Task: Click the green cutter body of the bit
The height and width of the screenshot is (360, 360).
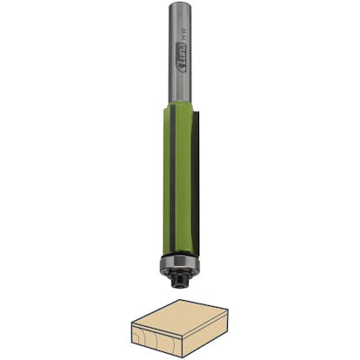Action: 185,174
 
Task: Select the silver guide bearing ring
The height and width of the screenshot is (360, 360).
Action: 180,263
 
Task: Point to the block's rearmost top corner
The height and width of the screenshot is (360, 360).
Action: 181,300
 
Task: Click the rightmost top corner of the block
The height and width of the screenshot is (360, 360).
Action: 228,309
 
